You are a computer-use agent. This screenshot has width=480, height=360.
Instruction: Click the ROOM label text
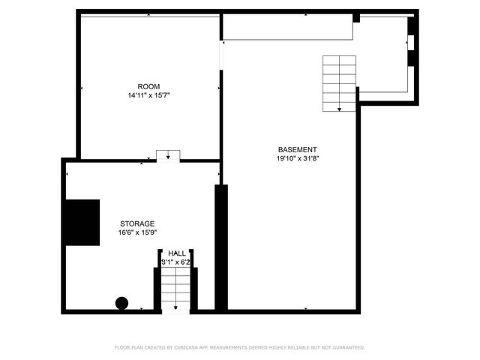[x=148, y=87]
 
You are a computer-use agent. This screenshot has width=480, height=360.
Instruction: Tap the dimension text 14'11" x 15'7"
[x=148, y=96]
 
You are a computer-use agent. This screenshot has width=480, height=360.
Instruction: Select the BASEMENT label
[x=297, y=149]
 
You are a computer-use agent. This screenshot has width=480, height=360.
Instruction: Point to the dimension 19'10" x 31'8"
[x=297, y=158]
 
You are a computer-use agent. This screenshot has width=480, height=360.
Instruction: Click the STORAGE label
[x=137, y=223]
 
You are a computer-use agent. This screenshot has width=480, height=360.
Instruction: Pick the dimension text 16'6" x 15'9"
[x=137, y=232]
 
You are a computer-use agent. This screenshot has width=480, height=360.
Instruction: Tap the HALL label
[x=177, y=253]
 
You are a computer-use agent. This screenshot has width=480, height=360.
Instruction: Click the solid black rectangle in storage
[x=82, y=222]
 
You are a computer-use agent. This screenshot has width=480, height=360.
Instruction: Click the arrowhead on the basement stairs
[x=339, y=109]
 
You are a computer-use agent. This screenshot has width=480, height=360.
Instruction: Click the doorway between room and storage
[x=168, y=156]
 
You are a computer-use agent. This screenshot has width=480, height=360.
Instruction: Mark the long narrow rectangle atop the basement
[x=288, y=28]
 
